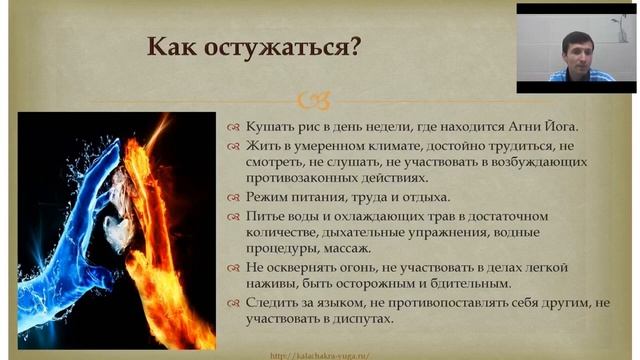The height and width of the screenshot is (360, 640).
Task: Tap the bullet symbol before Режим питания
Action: point(231,196)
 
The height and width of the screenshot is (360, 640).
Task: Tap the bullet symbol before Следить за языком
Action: point(231,303)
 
